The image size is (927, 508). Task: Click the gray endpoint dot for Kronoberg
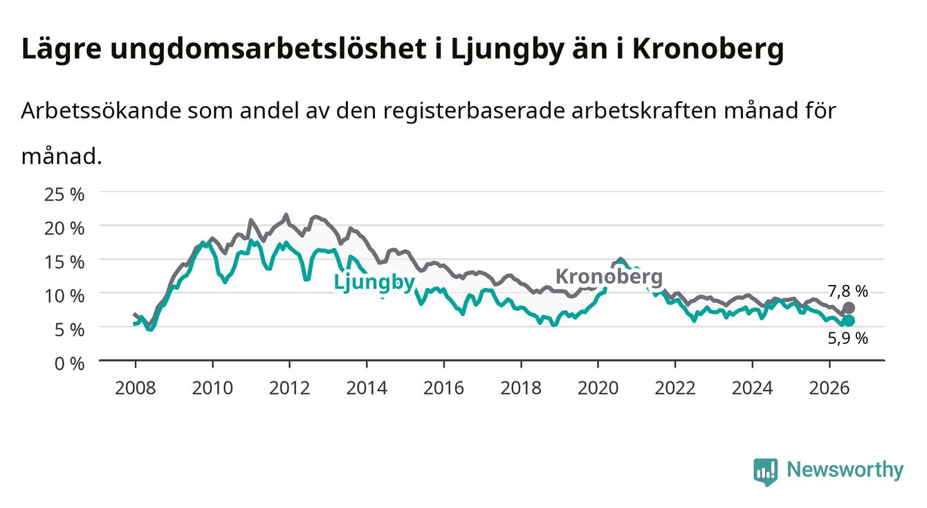coord(848,308)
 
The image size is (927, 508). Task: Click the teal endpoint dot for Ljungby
coord(848,320)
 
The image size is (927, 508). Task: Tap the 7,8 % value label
coord(847,291)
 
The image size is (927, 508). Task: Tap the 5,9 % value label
coord(847,338)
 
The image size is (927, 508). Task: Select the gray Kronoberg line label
coord(609,276)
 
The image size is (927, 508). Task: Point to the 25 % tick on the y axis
coord(64,194)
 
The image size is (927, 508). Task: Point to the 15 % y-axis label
coord(64,262)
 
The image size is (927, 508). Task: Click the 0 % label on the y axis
coord(69,363)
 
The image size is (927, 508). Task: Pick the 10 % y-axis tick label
coord(64,296)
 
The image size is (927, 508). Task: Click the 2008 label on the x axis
coord(136,388)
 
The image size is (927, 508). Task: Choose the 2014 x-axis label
coord(367,388)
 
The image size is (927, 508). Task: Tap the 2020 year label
coord(598,388)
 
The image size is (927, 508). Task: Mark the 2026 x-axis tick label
coord(829,388)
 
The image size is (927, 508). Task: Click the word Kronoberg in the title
coord(708,49)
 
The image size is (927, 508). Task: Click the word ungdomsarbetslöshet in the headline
coord(268,49)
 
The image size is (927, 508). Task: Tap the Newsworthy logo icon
coord(765,472)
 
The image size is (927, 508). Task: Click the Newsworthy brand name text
coord(845,470)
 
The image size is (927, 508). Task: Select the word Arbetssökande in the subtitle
coord(101,111)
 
